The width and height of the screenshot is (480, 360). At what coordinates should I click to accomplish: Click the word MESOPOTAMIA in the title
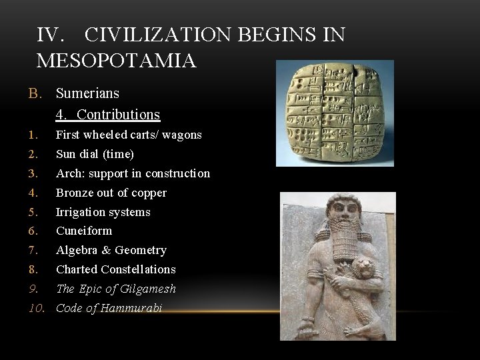point(117,61)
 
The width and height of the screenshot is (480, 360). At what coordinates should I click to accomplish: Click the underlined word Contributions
point(118,115)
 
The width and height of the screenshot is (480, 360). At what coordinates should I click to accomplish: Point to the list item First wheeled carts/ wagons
point(129,135)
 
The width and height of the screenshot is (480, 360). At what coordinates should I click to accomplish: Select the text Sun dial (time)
point(95,154)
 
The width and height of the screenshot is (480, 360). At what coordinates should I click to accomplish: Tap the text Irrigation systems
point(103,212)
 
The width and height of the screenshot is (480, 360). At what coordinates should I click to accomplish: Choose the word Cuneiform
point(84,231)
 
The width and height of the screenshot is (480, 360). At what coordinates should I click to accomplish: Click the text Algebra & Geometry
point(111,250)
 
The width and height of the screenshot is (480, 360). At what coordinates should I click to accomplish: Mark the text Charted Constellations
point(116,269)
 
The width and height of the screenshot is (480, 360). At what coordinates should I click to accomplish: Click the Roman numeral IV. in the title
point(51,35)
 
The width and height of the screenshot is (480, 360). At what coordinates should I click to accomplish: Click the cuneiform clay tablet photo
point(335,112)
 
